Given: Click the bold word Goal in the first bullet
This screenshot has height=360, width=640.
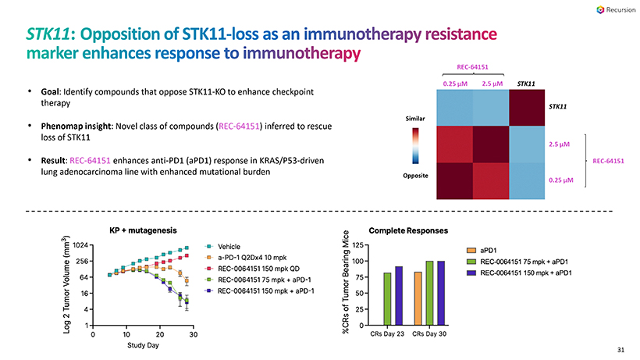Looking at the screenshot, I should (52, 92).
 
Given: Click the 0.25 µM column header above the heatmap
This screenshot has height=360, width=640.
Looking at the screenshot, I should (455, 83).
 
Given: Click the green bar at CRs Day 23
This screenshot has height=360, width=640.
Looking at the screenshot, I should (388, 299).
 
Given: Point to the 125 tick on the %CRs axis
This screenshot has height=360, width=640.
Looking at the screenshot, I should (357, 247).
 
